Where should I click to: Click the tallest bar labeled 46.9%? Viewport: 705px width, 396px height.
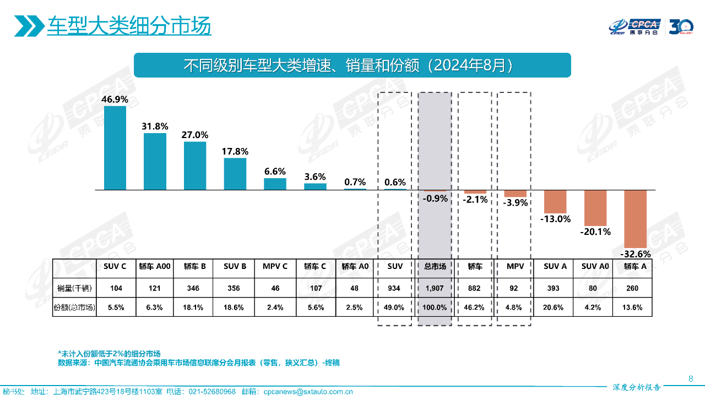(115, 147)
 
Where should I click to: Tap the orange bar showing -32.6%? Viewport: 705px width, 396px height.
(635, 218)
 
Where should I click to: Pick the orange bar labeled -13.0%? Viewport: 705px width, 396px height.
(555, 201)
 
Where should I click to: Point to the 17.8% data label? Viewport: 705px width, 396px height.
(235, 151)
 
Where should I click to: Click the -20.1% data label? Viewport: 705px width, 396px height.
(595, 232)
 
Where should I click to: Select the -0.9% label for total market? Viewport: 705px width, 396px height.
(436, 199)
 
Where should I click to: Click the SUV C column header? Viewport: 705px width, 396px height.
(115, 266)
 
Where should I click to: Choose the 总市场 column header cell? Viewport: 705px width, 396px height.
(435, 266)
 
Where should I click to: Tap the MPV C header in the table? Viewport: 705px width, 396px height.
(275, 266)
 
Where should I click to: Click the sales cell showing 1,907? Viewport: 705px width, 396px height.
(435, 288)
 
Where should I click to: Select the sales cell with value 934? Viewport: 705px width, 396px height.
(395, 288)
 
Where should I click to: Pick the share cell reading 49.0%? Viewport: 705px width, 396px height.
(395, 307)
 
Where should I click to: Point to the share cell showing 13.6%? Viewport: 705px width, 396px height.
(632, 307)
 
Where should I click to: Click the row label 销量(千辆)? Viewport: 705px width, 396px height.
(74, 288)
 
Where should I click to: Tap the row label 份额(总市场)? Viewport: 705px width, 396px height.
(74, 307)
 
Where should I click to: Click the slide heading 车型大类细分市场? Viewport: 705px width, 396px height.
(129, 26)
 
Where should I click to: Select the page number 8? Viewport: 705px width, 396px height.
(691, 378)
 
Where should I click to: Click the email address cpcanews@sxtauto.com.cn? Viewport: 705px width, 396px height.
(308, 392)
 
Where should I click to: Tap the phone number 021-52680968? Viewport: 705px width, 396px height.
(212, 392)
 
